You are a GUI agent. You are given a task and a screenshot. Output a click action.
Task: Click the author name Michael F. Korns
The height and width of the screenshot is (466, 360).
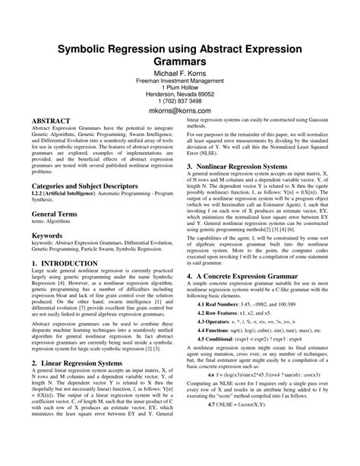click(179, 73)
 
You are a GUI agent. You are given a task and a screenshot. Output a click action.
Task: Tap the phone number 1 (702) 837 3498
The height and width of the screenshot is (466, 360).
click(179, 100)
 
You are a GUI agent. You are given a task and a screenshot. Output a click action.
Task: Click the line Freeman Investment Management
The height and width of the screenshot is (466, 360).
click(179, 81)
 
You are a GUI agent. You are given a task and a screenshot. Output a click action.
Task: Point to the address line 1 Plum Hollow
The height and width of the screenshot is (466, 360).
click(179, 87)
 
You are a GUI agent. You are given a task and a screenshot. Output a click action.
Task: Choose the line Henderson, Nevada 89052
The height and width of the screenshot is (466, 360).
click(179, 94)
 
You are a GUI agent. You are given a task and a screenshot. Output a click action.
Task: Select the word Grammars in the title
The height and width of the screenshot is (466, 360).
click(179, 55)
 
